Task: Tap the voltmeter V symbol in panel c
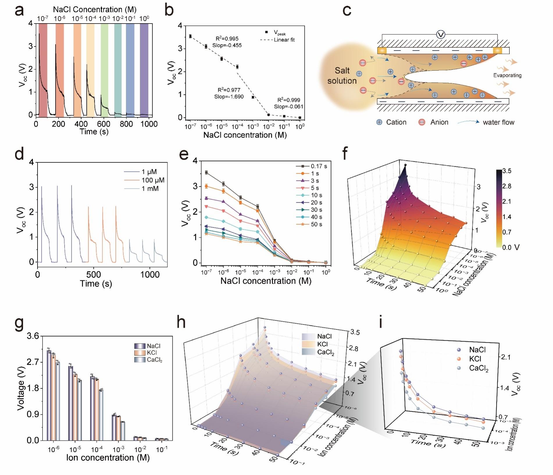pyautogui.click(x=441, y=35)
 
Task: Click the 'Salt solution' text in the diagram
pyautogui.click(x=342, y=76)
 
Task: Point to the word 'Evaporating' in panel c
pyautogui.click(x=507, y=75)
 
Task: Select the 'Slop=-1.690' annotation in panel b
pyautogui.click(x=229, y=97)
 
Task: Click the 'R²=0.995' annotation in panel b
pyautogui.click(x=227, y=39)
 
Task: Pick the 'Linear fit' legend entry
pyautogui.click(x=284, y=40)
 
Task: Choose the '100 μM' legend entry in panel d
pyautogui.click(x=153, y=180)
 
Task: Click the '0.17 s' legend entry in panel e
pyautogui.click(x=319, y=166)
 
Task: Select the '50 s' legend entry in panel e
pyautogui.click(x=316, y=224)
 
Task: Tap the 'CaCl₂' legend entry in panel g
pyautogui.click(x=154, y=360)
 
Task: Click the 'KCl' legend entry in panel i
pyautogui.click(x=475, y=359)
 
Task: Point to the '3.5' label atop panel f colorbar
pyautogui.click(x=507, y=171)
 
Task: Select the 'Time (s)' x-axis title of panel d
pyautogui.click(x=96, y=284)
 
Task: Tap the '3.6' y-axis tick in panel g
pyautogui.click(x=33, y=336)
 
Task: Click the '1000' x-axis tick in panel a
pyautogui.click(x=149, y=124)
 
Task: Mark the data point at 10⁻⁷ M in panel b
pyautogui.click(x=190, y=36)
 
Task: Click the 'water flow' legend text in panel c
pyautogui.click(x=498, y=122)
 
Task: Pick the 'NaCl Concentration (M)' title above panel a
pyautogui.click(x=94, y=10)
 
